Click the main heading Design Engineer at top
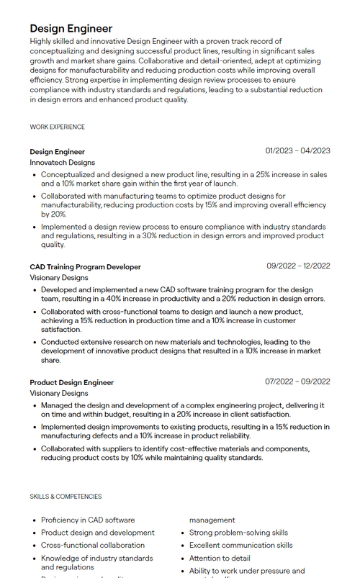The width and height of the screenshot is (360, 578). click(x=71, y=29)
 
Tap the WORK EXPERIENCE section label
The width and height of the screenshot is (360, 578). click(x=57, y=127)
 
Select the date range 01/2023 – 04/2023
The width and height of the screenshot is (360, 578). click(x=297, y=151)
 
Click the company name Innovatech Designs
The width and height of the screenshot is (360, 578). click(x=62, y=163)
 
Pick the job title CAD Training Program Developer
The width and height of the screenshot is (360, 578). click(x=85, y=266)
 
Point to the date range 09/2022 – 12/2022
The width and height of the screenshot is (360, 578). click(x=298, y=266)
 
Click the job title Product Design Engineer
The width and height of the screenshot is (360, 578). click(x=71, y=382)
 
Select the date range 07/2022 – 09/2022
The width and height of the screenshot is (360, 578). click(x=297, y=381)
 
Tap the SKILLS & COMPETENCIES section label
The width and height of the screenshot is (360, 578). click(x=66, y=497)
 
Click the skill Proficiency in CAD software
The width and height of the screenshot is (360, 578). click(x=87, y=520)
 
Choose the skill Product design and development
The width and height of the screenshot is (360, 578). click(x=97, y=533)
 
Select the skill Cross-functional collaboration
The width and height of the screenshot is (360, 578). click(x=92, y=546)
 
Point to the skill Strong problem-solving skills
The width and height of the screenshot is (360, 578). click(x=238, y=533)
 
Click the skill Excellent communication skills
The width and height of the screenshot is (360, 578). click(x=240, y=546)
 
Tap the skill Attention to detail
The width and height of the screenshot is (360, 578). click(x=220, y=559)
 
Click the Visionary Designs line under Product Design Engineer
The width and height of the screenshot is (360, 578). click(x=59, y=394)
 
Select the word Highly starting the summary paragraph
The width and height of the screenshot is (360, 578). click(x=40, y=42)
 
